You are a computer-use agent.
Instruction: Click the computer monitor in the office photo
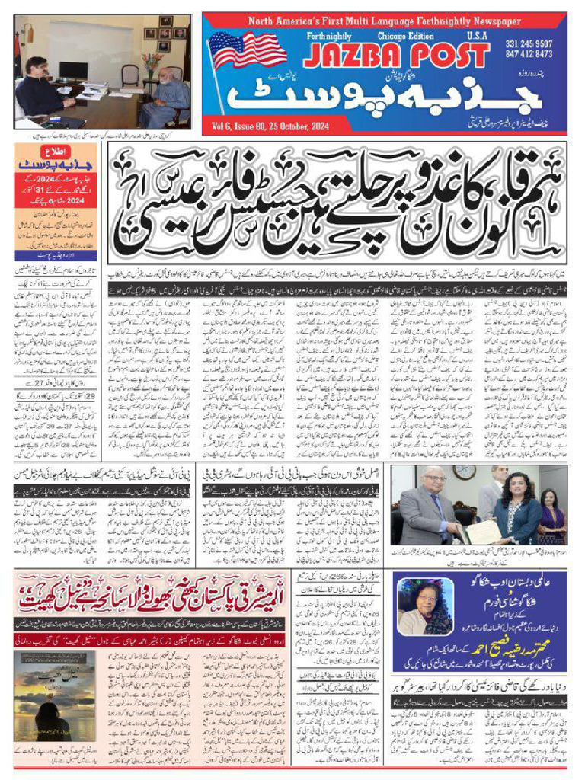74,70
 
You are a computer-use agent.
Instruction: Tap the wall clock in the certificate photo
463,472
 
